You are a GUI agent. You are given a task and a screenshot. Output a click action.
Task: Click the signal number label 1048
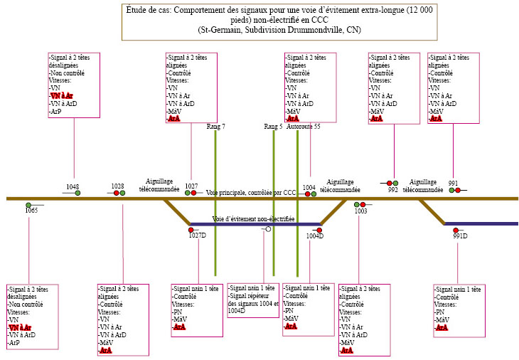pos(73,186)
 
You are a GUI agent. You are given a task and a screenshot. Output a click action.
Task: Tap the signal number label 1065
pos(31,210)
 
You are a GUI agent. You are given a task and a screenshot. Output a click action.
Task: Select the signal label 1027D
pos(197,235)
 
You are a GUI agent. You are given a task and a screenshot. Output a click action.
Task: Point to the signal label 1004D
pos(315,235)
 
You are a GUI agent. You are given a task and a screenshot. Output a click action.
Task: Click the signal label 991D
pos(460,236)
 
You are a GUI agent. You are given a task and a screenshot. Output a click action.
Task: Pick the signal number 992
pos(393,190)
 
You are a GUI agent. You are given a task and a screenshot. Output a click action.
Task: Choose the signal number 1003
pos(360,211)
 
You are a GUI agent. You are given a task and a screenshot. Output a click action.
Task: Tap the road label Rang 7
pos(215,126)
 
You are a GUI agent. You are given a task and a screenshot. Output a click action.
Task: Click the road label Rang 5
pos(273,126)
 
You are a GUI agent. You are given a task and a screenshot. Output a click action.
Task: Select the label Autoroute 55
pos(307,126)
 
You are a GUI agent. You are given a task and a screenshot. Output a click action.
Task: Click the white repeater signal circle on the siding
pos(267,229)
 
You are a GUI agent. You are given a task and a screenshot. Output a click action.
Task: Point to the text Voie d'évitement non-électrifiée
pos(253,219)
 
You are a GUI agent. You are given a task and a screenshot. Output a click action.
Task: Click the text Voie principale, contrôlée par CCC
pos(251,192)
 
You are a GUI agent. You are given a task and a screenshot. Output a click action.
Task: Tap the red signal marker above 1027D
pos(191,230)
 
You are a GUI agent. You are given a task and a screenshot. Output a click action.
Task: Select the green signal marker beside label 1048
pos(78,193)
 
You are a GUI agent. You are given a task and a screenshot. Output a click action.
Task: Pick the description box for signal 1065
pos(32,316)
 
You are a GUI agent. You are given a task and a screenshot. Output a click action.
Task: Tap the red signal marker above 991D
pos(456,230)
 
